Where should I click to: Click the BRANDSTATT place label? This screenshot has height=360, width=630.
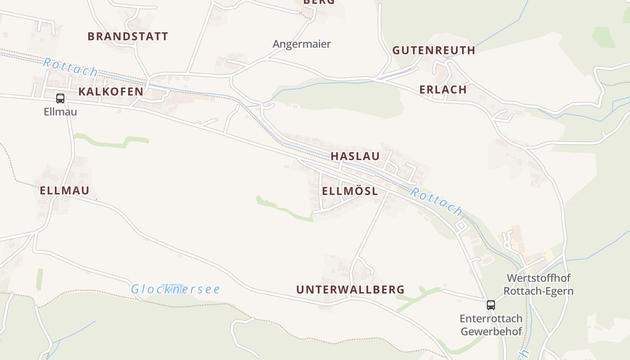(128, 36)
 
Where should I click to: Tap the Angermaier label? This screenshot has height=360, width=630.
(301, 44)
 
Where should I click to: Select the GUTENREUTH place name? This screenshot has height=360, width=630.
(433, 50)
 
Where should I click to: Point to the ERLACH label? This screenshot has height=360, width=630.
(443, 90)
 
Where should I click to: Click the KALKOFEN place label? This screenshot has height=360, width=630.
(111, 92)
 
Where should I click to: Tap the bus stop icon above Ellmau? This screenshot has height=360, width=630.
(60, 98)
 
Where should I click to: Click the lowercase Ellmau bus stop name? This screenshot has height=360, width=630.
(60, 112)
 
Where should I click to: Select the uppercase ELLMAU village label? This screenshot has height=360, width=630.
(64, 190)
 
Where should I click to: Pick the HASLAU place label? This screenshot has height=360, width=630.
(355, 156)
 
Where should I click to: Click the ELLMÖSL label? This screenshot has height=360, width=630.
(350, 191)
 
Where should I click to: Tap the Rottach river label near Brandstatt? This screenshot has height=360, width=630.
(70, 67)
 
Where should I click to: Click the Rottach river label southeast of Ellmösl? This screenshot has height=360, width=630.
(436, 201)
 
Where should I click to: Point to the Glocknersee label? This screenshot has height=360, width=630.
(175, 289)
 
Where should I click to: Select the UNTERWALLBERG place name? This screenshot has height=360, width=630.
(350, 290)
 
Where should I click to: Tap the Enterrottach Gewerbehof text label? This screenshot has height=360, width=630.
(490, 325)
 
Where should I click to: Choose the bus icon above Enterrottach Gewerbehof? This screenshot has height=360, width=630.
(490, 305)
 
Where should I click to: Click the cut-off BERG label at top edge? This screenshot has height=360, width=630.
(319, 2)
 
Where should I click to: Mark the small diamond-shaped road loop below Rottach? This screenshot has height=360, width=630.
(461, 225)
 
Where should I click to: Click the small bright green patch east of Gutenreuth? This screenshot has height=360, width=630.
(603, 37)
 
